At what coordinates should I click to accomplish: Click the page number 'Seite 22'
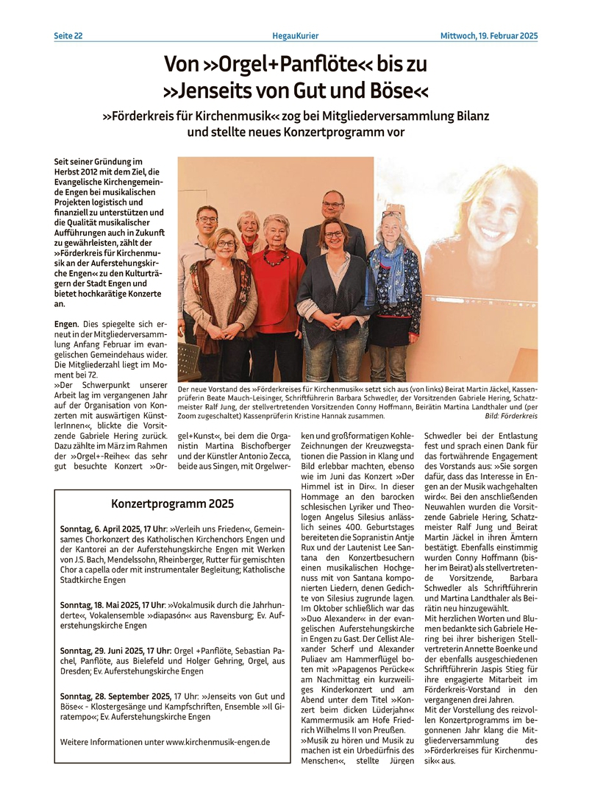point(68,36)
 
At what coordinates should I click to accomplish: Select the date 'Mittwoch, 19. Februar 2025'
point(489,36)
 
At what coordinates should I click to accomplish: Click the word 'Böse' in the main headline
point(389,92)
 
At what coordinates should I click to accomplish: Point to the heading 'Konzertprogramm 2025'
point(172,504)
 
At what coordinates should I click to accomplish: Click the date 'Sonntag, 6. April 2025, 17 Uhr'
point(113,529)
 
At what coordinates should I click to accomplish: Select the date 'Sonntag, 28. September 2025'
point(115,696)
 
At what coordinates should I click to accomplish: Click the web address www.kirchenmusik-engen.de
point(218,742)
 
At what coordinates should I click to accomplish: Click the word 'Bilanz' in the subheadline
point(468,116)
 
